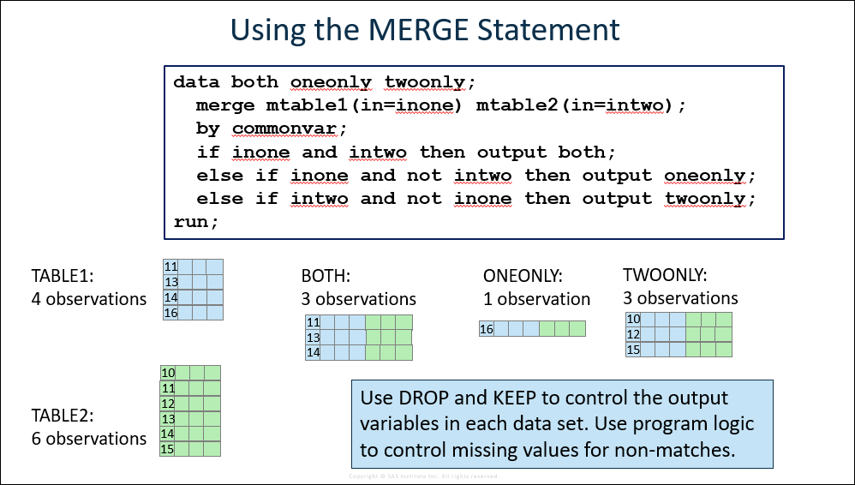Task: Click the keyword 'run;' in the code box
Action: [195, 222]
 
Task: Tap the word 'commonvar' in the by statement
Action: [284, 129]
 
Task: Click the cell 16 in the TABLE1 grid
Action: [170, 313]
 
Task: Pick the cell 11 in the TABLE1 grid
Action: [170, 266]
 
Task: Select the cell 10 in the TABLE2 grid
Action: [168, 373]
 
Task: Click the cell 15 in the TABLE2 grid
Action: [167, 449]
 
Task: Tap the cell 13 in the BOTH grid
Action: [313, 337]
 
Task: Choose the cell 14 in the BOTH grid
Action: [313, 352]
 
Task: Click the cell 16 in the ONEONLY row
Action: [487, 329]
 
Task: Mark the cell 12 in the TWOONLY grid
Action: [633, 334]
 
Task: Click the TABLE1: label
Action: [63, 276]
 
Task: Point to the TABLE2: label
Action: [63, 416]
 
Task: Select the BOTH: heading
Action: [326, 276]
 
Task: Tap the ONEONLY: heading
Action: [523, 276]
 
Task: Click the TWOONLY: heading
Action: [665, 274]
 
